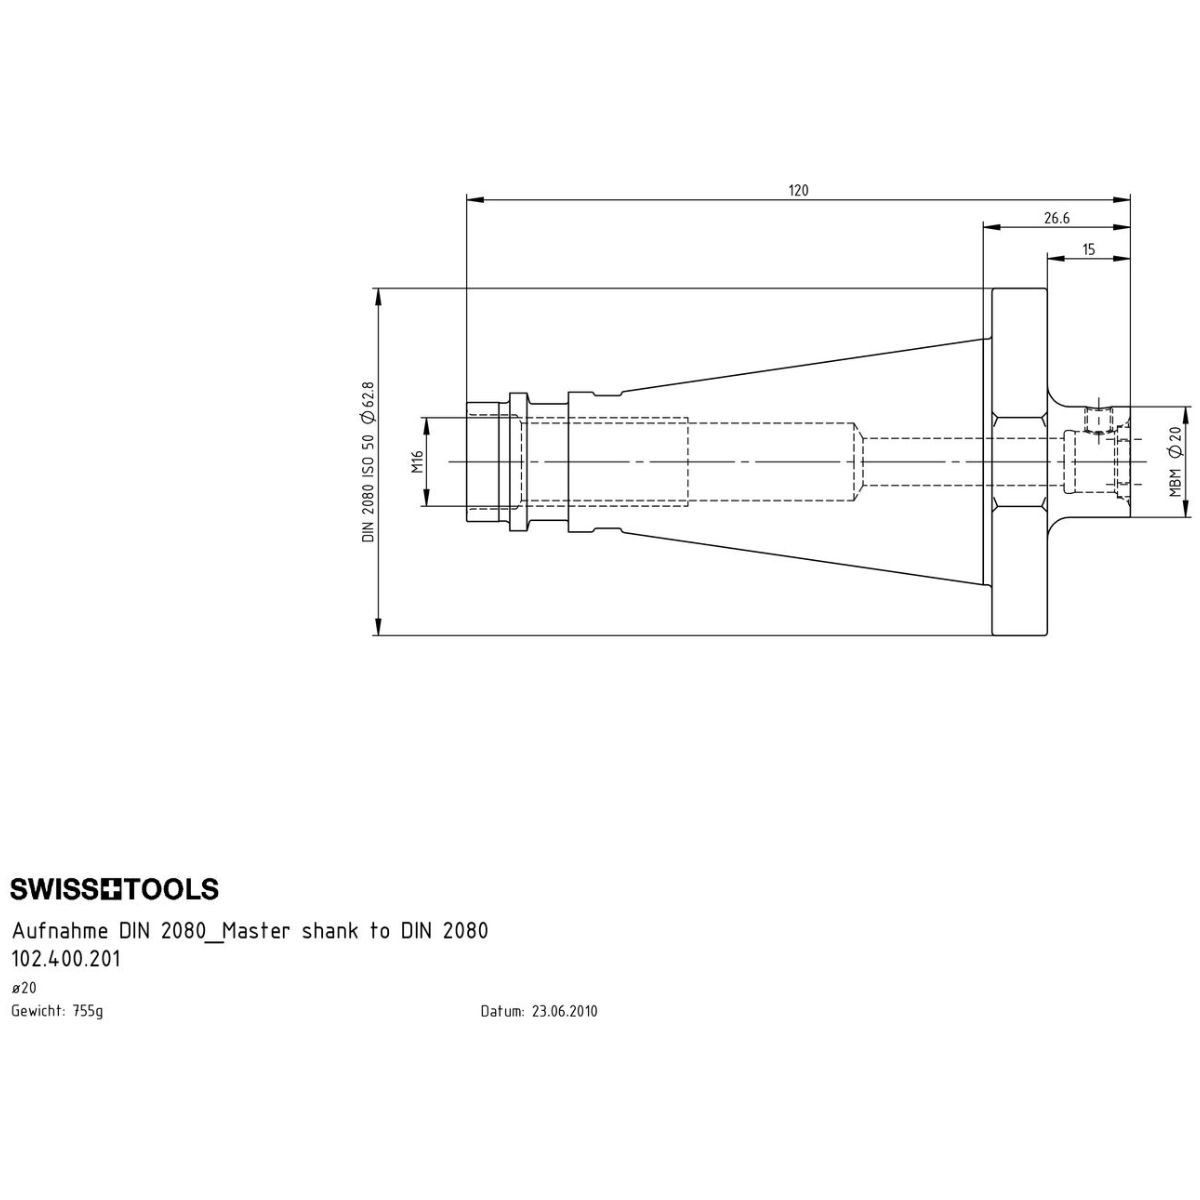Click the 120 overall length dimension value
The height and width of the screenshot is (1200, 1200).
798,190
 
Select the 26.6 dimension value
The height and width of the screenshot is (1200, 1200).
1057,218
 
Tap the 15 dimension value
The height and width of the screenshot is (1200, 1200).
1088,250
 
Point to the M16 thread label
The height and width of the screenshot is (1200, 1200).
417,461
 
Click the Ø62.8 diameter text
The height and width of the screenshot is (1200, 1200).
368,402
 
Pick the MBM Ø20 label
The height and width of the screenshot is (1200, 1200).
1174,461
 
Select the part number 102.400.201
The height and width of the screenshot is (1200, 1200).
66,960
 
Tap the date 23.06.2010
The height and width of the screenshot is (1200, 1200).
564,1011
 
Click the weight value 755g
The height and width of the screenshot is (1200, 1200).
88,1011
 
